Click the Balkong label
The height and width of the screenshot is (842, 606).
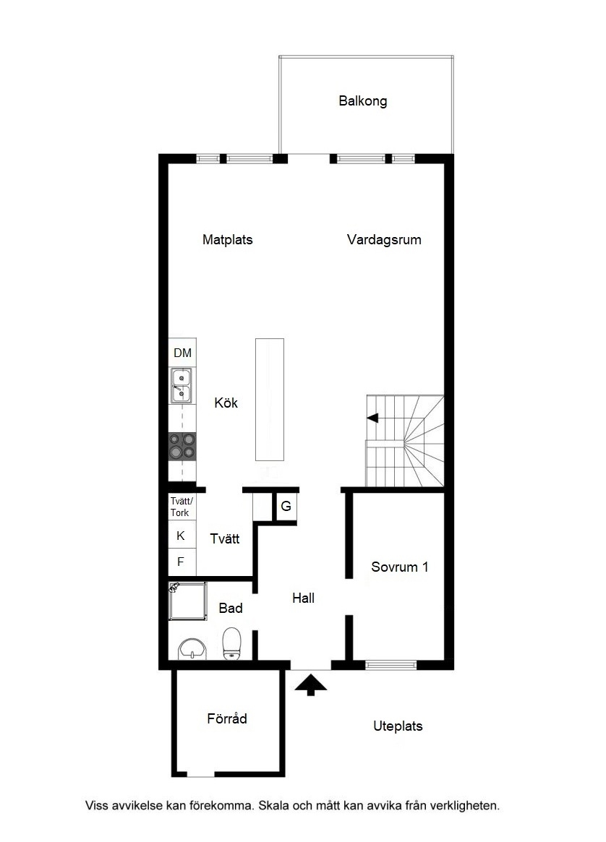(362, 101)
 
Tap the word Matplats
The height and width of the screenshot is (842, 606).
(227, 239)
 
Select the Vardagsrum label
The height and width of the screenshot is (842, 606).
(384, 239)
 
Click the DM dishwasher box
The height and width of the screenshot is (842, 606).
(183, 353)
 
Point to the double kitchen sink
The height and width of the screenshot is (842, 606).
(182, 385)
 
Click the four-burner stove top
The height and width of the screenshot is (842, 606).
(182, 447)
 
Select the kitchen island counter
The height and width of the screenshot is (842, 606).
(270, 400)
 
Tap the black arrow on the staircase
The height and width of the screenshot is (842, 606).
(372, 418)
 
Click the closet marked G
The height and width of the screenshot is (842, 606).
(286, 506)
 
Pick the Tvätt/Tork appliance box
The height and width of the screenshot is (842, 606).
(182, 507)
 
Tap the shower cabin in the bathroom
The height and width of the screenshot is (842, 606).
(187, 601)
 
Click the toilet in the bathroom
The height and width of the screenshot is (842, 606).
(232, 643)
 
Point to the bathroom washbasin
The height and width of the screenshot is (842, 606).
(192, 649)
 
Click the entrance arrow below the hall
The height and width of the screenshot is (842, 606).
(310, 685)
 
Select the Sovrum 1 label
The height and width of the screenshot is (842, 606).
(400, 567)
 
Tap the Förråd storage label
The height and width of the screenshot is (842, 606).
(227, 718)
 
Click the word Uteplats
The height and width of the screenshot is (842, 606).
(398, 726)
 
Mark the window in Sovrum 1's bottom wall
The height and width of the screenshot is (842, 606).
(391, 665)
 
